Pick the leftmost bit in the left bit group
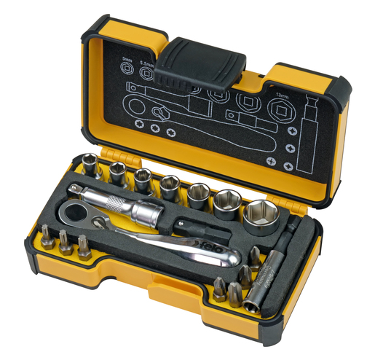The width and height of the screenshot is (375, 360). [48, 238]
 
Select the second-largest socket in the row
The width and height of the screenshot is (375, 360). [226, 202]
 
